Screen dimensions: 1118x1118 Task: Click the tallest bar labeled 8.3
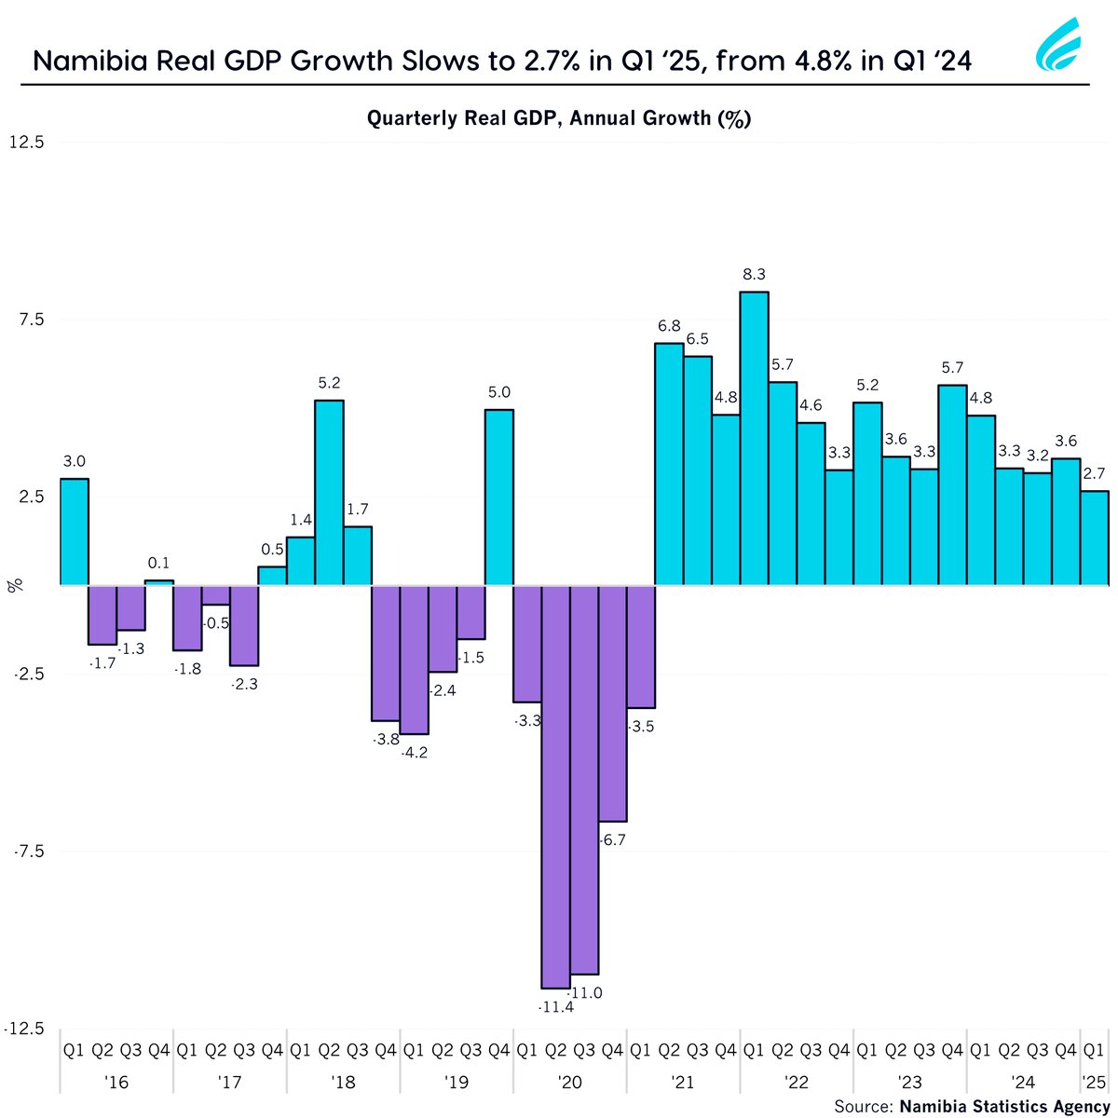click(x=754, y=438)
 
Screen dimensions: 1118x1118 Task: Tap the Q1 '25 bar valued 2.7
click(x=1095, y=538)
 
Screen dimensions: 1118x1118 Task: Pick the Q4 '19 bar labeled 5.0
click(x=499, y=497)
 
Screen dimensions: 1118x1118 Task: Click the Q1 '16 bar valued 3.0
click(x=75, y=531)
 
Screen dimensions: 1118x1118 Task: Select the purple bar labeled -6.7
click(x=612, y=702)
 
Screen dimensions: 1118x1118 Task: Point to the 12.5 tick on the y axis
click(x=27, y=143)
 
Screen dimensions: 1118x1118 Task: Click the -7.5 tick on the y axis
click(x=27, y=852)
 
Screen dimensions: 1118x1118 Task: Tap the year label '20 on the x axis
click(x=569, y=1083)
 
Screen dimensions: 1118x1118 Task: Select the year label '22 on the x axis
click(x=797, y=1083)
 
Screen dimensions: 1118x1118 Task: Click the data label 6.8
click(x=669, y=326)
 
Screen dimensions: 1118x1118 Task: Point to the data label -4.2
click(x=414, y=753)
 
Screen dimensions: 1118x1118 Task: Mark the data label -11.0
click(x=585, y=993)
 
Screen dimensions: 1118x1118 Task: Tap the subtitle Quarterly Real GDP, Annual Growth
click(x=559, y=118)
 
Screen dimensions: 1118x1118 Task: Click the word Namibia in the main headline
click(x=84, y=61)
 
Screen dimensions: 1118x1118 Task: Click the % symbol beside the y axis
click(x=15, y=585)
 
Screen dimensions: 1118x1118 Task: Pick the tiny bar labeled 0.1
click(x=159, y=582)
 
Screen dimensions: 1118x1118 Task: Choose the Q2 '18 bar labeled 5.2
click(x=329, y=492)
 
